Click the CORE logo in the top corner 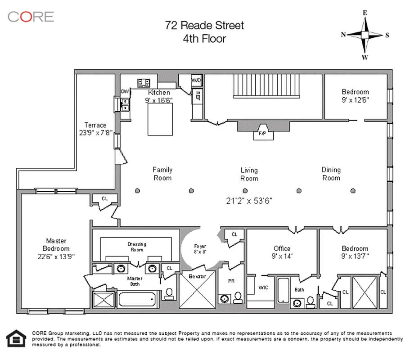31,17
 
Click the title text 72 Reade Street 204,25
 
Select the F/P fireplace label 262,133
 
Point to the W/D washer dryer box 197,80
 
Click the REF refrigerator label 197,95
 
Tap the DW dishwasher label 125,92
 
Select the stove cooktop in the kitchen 144,83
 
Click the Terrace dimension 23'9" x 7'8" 95,133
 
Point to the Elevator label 197,276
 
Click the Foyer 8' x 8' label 200,249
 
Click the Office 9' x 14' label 282,252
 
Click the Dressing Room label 137,247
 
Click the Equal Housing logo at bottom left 17,338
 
